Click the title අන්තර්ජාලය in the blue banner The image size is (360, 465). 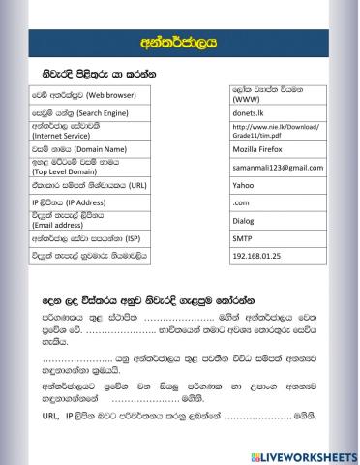click(179, 42)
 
